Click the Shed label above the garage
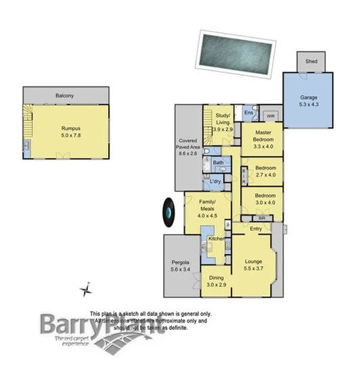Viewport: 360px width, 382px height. point(311,61)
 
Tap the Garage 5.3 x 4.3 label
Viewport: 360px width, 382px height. point(309,101)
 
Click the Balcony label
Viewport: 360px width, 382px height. point(66,96)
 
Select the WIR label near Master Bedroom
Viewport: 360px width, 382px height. point(270,116)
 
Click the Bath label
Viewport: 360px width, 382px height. point(219,163)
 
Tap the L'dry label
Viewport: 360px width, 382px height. point(216,183)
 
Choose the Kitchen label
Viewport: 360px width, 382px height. point(217,239)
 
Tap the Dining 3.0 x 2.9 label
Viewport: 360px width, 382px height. point(217,281)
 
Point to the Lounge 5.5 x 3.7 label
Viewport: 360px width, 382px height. point(256,264)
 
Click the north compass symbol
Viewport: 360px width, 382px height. point(86,289)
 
